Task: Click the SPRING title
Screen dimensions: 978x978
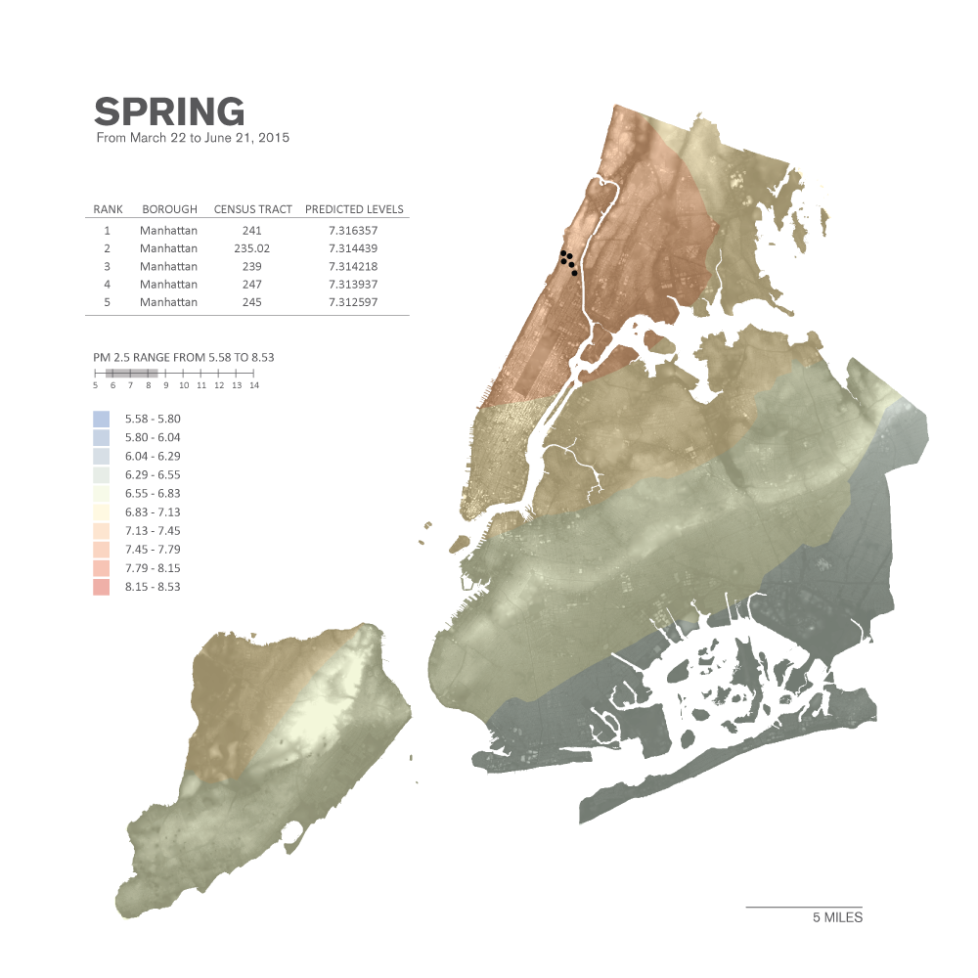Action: point(169,111)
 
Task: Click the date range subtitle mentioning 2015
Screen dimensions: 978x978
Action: point(193,138)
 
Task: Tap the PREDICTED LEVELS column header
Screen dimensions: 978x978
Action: point(354,209)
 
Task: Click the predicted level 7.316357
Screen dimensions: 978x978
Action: point(354,231)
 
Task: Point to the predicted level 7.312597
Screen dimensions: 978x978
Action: point(354,302)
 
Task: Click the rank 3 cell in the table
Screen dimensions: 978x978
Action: point(107,267)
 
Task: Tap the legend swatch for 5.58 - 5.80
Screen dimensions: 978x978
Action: point(102,419)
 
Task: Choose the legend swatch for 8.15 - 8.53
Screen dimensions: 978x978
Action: point(102,587)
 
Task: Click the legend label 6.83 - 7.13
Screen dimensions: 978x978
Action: point(153,512)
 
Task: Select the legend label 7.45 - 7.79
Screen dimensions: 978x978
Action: point(153,550)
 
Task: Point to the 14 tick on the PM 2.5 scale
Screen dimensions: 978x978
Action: point(254,385)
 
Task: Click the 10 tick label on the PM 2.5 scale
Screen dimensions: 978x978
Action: point(183,385)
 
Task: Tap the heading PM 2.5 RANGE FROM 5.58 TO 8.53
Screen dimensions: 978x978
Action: point(184,357)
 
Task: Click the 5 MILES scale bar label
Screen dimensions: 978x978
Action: point(837,918)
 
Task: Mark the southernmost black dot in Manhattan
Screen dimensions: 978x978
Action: point(574,273)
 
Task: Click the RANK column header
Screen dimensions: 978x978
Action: point(108,209)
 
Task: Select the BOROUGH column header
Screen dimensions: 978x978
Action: point(169,209)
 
